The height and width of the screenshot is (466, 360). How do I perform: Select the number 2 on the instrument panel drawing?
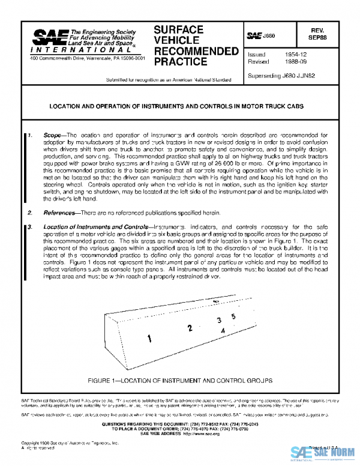190,328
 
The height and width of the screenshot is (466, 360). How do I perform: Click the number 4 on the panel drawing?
223,331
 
